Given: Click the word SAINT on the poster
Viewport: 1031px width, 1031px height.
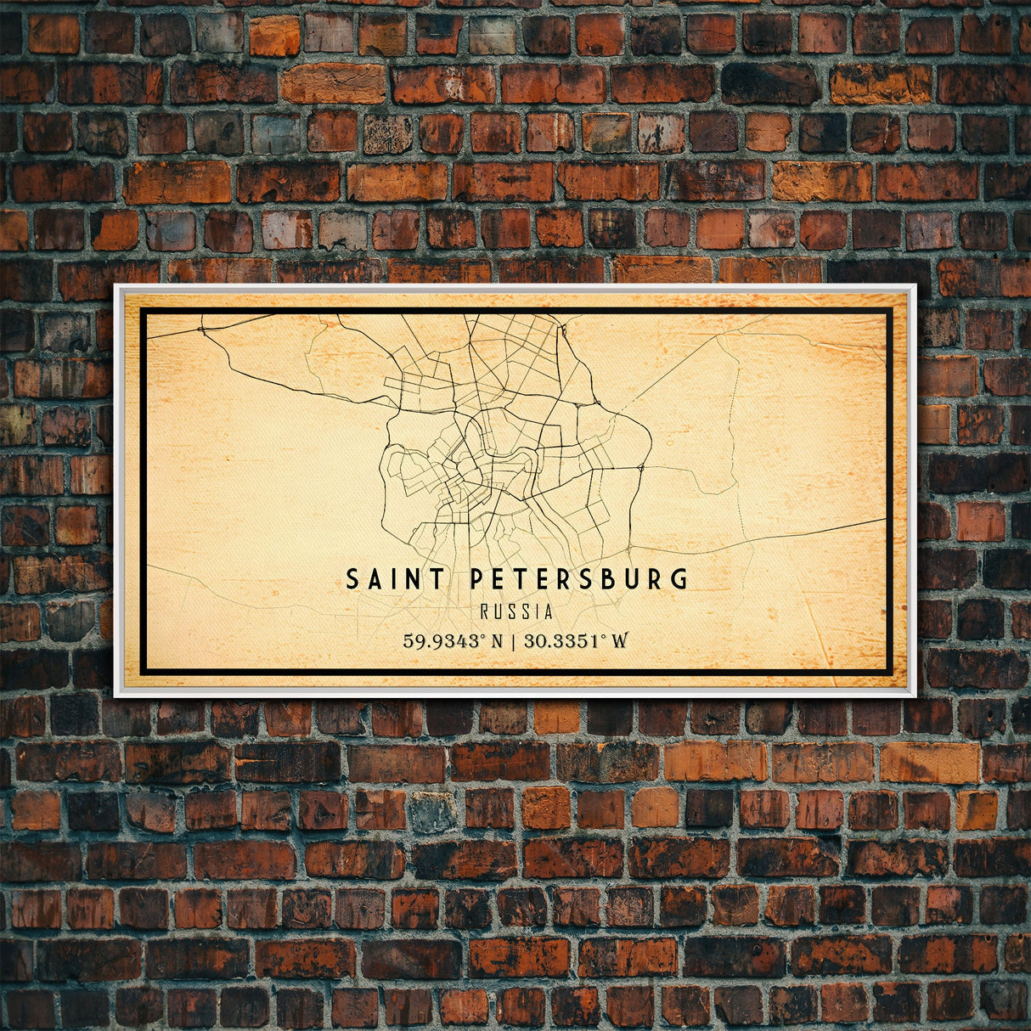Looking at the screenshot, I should point(395,579).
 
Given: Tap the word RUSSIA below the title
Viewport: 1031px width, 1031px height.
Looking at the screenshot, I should point(516,611).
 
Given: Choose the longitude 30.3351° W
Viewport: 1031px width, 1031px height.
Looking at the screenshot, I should point(576,640).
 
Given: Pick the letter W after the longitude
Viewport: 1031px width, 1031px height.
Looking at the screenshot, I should point(620,640).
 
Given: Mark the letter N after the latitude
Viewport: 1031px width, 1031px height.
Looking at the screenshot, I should point(498,640).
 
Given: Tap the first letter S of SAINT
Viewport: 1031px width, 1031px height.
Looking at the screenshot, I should point(352,579).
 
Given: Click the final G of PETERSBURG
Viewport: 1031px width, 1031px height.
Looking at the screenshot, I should point(679,579).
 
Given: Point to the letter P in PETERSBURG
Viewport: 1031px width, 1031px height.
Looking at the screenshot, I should point(477,579).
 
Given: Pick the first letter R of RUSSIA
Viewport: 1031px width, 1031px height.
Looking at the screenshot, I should point(484,611).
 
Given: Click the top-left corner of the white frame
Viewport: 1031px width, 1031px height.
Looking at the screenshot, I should point(115,285).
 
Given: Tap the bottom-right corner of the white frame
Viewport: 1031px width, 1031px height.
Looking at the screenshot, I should point(916,696).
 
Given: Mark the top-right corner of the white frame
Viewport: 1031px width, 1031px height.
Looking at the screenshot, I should point(916,285).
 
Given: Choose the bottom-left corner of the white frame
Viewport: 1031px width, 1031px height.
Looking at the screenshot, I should point(115,696).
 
